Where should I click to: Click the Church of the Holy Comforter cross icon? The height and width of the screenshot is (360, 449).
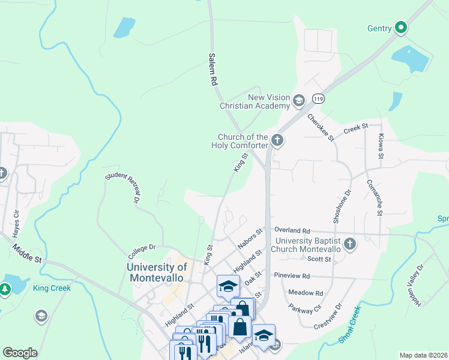[277, 140]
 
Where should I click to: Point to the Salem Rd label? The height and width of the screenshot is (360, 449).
[212, 70]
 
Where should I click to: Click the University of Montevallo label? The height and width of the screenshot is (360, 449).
[157, 272]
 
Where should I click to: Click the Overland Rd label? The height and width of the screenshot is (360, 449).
[292, 230]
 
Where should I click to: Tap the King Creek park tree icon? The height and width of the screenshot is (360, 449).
[5, 289]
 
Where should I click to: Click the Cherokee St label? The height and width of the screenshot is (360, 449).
[321, 128]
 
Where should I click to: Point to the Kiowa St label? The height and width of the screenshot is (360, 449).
[381, 146]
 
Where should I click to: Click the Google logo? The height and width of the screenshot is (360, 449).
[20, 353]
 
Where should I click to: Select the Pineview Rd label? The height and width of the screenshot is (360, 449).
[291, 277]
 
